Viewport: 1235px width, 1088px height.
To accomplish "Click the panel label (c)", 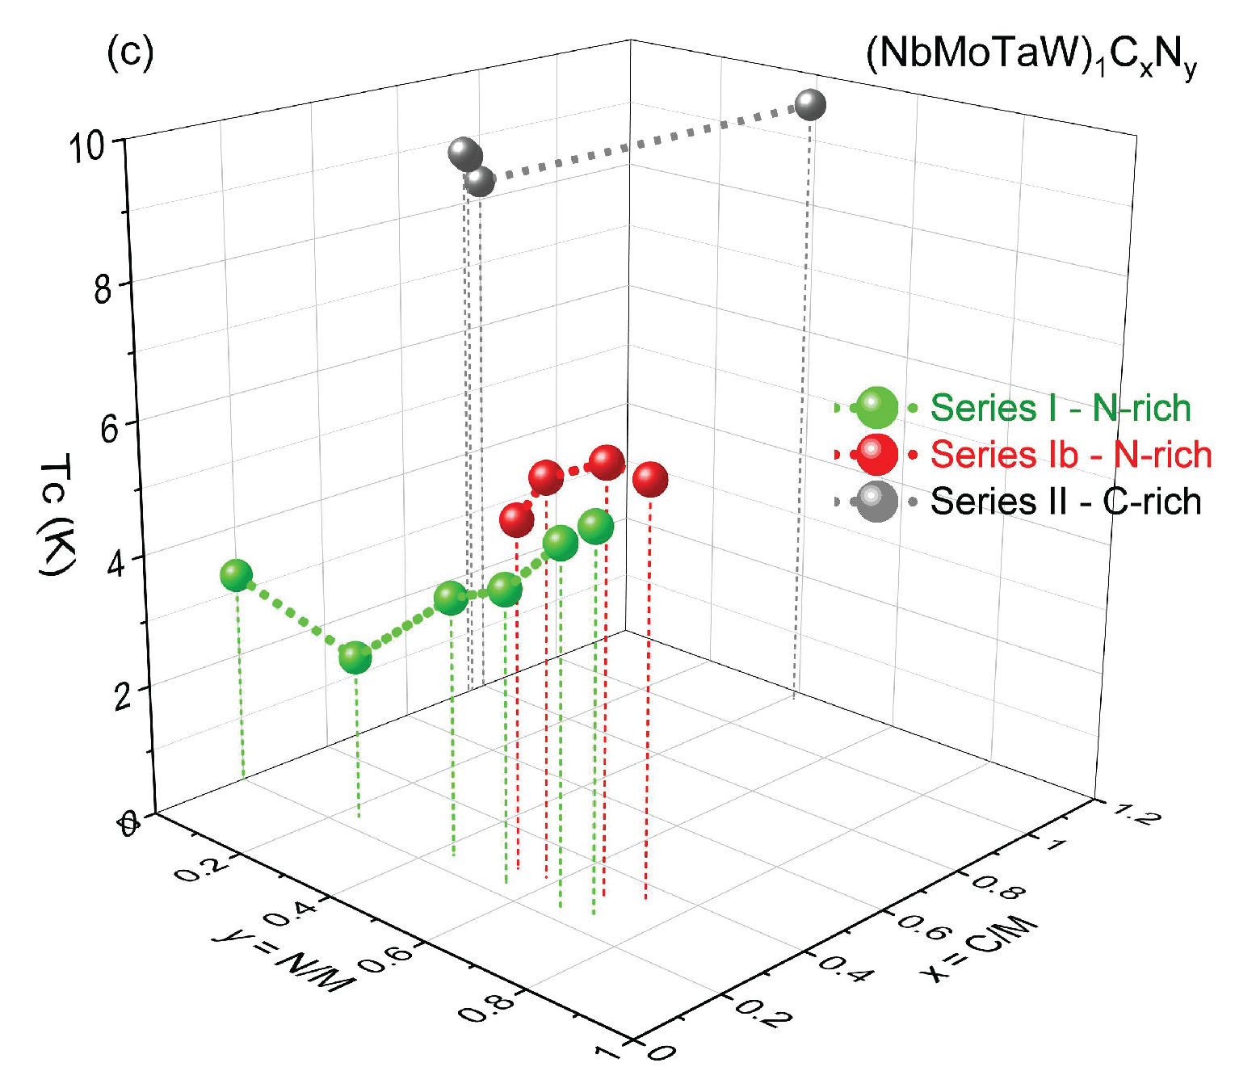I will (x=130, y=53).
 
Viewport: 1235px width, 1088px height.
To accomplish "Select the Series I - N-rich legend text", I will (x=1061, y=408).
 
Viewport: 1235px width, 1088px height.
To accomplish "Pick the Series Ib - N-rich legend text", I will (x=1071, y=455).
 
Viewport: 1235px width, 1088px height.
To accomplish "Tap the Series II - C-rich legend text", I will (x=1065, y=502).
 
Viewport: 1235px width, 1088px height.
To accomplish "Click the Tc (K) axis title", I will (x=57, y=515).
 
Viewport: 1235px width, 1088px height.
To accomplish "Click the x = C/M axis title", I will (x=979, y=948).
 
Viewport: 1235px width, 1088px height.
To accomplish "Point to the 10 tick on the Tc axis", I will (x=86, y=148).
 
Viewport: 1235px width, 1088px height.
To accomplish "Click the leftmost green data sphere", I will (x=236, y=575).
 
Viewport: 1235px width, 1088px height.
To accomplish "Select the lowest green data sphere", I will (x=355, y=657).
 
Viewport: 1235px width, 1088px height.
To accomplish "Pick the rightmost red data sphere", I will (x=650, y=479).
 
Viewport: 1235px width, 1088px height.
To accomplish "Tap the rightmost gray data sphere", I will (x=810, y=105).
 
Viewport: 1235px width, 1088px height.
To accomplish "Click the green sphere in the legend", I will (x=876, y=408).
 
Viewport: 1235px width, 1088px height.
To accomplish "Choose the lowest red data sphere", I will (x=517, y=519).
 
